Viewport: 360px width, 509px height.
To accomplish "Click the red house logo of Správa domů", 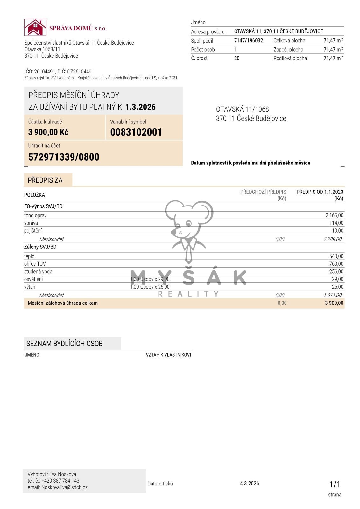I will coord(35,27).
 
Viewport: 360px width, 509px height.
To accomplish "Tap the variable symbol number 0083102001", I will coord(136,132).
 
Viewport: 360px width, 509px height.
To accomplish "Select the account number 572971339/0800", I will coord(64,157).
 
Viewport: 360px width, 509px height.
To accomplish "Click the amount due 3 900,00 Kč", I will coord(48,132).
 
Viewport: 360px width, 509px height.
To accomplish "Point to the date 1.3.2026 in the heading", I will coord(140,107).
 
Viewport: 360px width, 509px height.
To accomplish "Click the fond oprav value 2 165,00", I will coord(334,215).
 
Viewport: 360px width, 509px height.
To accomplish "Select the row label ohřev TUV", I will coord(35,264).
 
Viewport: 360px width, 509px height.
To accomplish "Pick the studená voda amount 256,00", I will coord(336,271).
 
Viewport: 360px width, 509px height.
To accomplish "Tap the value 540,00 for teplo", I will coord(336,256).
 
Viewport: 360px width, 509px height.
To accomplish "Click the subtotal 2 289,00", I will coord(332,239).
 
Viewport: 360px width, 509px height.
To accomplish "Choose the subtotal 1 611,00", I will coord(332,295).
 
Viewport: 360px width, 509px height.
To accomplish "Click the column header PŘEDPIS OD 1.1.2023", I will coord(320,192).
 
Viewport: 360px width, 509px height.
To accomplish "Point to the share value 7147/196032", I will coord(249,40).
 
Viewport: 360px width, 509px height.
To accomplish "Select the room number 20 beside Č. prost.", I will coord(237,58).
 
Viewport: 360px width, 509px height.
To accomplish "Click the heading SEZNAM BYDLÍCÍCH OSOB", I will coord(64,344).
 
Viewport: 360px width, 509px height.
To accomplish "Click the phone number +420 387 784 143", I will coord(60,481).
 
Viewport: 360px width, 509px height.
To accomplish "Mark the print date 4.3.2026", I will coord(249,483).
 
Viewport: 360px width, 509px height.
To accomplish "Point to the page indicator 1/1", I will coord(335,485).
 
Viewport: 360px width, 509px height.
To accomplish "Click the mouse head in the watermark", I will coord(188,219).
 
